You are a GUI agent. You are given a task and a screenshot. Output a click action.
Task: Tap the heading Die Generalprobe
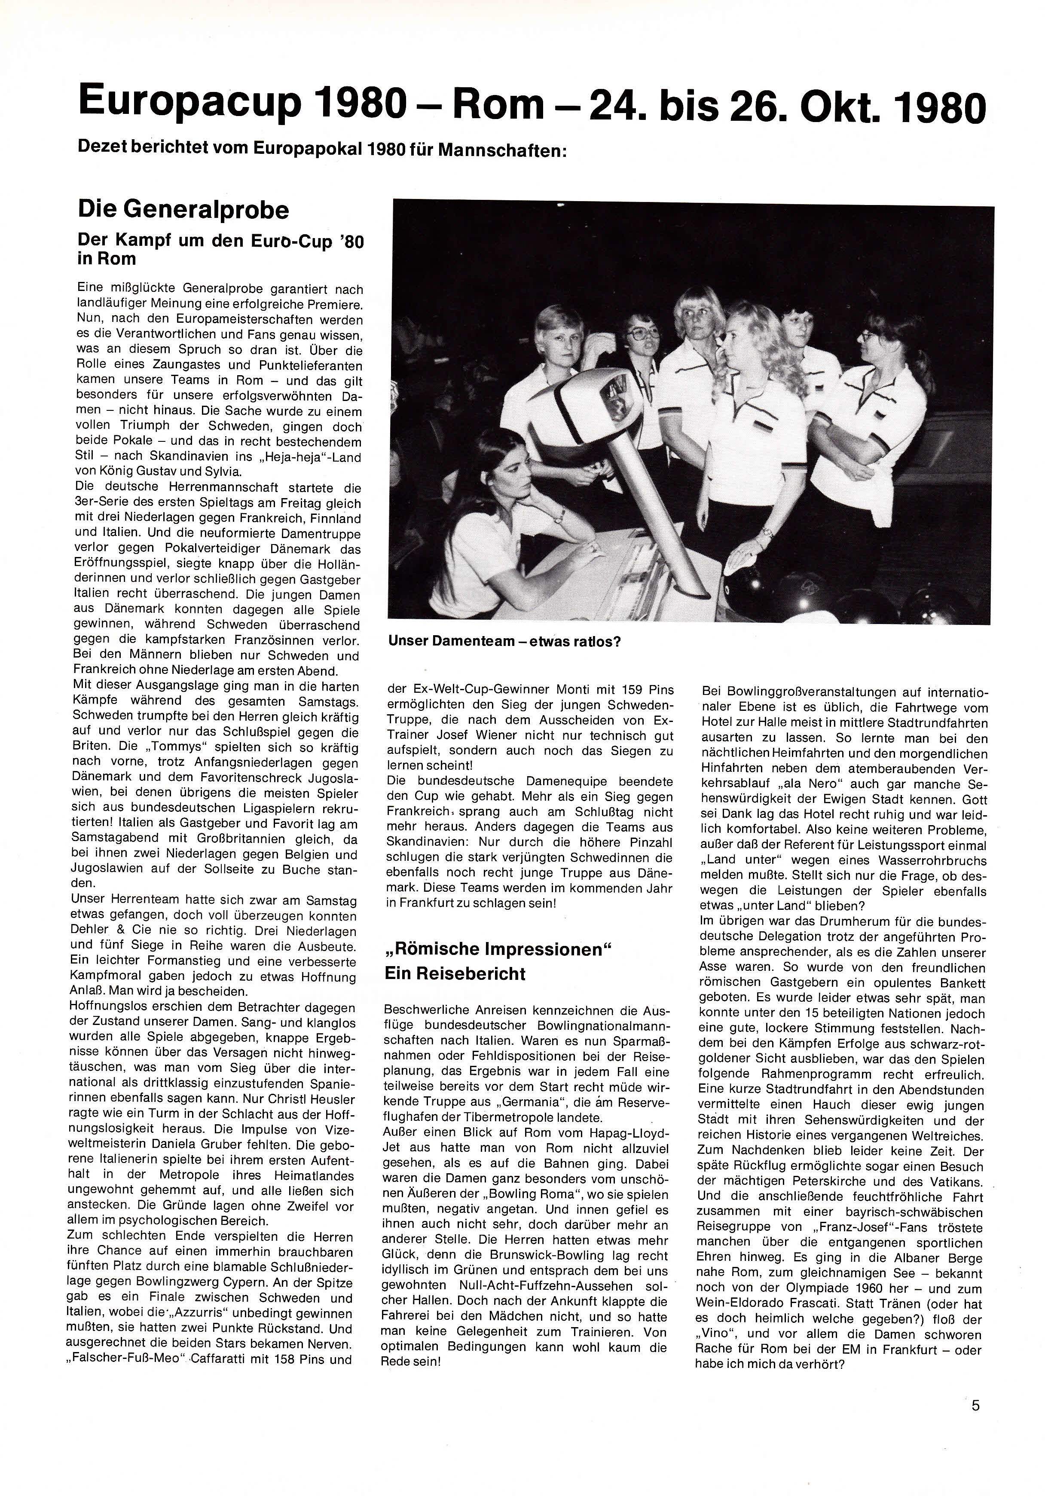coord(183,210)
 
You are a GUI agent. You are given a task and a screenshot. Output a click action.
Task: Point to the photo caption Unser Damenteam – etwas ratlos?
coord(504,641)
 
